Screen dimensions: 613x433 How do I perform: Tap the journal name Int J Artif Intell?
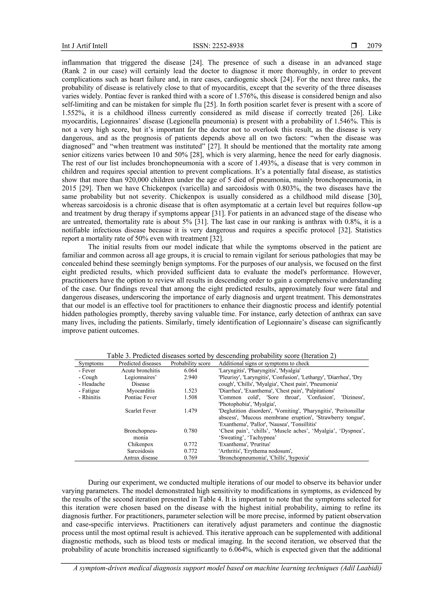85,46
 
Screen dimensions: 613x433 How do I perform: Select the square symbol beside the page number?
354,46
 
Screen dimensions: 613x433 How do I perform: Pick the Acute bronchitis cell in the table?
141,371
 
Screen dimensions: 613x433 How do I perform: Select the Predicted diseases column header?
140,363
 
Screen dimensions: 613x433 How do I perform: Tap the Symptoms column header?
91,363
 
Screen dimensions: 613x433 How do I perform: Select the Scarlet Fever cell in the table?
141,411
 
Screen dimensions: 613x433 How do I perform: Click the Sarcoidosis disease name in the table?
141,451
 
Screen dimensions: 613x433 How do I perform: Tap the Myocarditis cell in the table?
141,391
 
